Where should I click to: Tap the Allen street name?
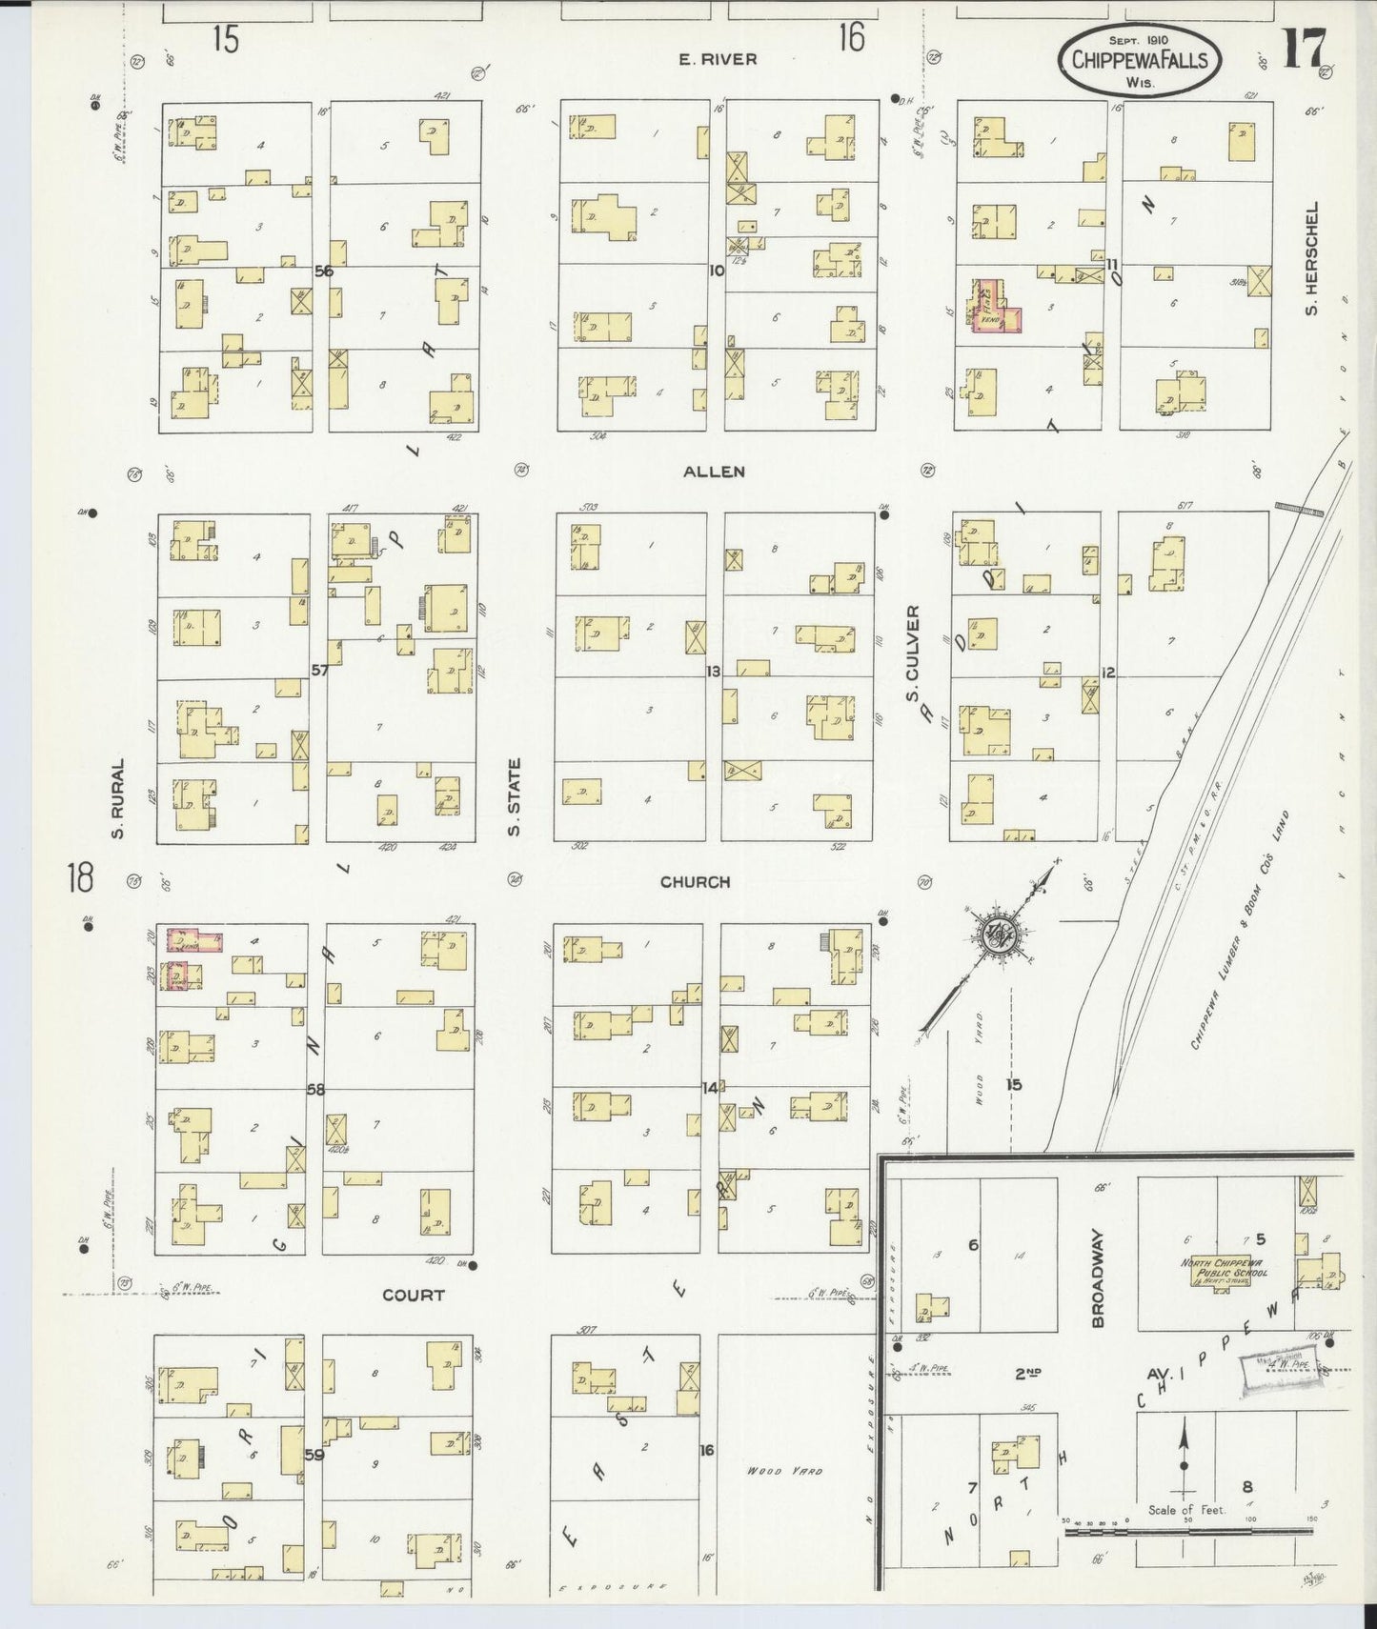point(714,472)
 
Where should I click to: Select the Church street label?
point(696,882)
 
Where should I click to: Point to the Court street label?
point(414,1295)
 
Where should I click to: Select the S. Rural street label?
point(118,798)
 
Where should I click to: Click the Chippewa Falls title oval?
point(1139,59)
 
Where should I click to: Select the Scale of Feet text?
point(1186,1510)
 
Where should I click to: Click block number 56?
point(324,271)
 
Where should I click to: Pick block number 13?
point(713,672)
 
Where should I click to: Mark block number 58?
point(315,1089)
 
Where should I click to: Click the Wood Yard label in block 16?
point(784,1471)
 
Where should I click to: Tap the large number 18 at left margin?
point(80,877)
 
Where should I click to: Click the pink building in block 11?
point(997,307)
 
